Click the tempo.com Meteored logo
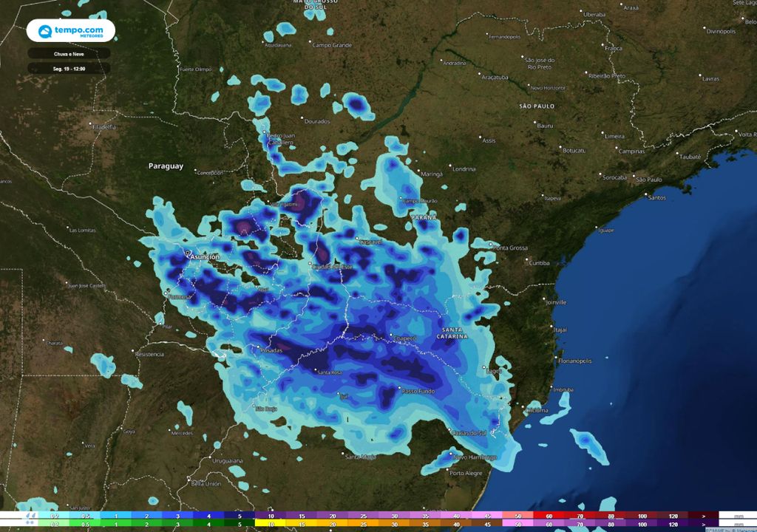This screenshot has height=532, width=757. (x=71, y=30)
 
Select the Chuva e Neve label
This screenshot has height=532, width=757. (x=69, y=53)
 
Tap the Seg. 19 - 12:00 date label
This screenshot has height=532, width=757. (x=69, y=68)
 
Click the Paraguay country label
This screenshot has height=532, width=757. (x=166, y=166)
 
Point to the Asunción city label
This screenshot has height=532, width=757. (x=205, y=256)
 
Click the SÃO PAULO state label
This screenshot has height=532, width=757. (x=537, y=106)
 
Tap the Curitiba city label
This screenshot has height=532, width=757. (x=539, y=262)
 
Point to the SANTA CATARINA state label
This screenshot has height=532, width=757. (x=455, y=332)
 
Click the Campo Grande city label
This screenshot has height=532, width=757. (x=332, y=45)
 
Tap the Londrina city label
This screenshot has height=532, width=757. (x=464, y=169)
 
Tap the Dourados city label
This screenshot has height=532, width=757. (x=317, y=121)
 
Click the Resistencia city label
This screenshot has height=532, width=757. (x=149, y=354)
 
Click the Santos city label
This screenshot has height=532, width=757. (x=656, y=197)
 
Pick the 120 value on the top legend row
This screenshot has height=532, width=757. (x=671, y=514)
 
